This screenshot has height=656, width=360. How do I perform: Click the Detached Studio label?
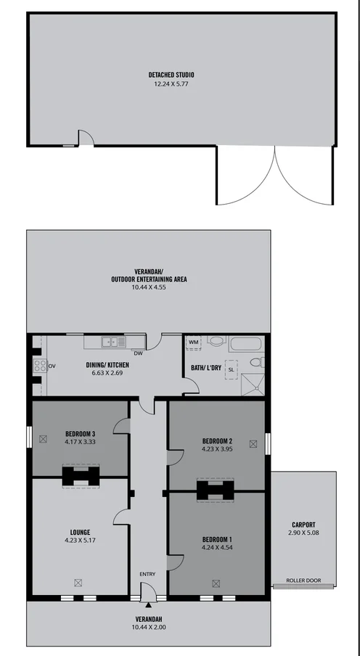pyautogui.click(x=171, y=75)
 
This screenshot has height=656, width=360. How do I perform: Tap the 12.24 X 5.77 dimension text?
pyautogui.click(x=171, y=83)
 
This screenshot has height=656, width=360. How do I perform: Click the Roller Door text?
pyautogui.click(x=303, y=580)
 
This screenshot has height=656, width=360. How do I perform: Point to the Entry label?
pyautogui.click(x=147, y=575)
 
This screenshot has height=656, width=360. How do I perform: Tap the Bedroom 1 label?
pyautogui.click(x=217, y=538)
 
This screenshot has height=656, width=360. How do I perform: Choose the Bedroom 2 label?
pyautogui.click(x=217, y=440)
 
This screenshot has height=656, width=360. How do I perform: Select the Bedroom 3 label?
pyautogui.click(x=80, y=434)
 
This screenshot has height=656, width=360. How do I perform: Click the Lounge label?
pyautogui.click(x=81, y=532)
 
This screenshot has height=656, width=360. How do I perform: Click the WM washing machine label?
pyautogui.click(x=193, y=341)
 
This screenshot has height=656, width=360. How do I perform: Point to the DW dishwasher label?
pyautogui.click(x=137, y=353)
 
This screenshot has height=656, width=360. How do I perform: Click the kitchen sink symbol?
pyautogui.click(x=110, y=341)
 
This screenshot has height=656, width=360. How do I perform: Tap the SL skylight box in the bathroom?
pyautogui.click(x=232, y=369)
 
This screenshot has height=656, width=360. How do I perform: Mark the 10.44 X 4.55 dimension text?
pyautogui.click(x=149, y=287)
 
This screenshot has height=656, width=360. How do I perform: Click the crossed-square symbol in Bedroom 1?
pyautogui.click(x=216, y=582)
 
